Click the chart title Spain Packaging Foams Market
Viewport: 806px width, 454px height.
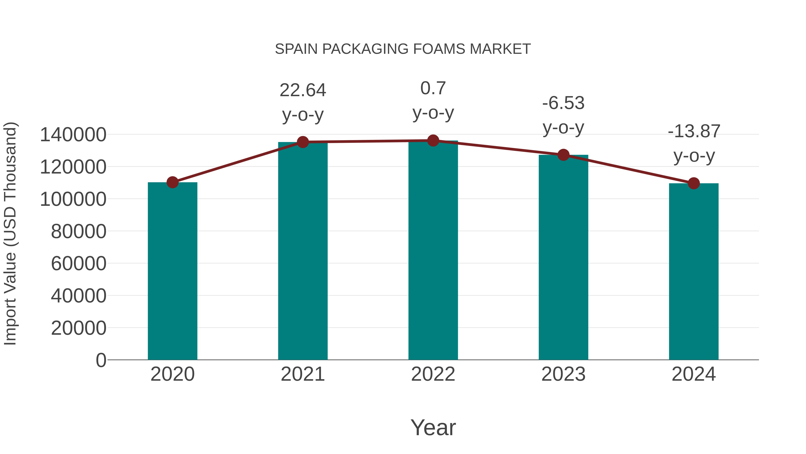pyautogui.click(x=403, y=49)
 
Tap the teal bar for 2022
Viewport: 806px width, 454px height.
pyautogui.click(x=433, y=251)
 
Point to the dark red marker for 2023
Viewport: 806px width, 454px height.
pyautogui.click(x=564, y=155)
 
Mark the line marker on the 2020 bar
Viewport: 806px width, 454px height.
pyautogui.click(x=172, y=182)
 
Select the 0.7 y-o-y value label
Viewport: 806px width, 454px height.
pyautogui.click(x=433, y=88)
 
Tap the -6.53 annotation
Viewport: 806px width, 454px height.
pyautogui.click(x=563, y=103)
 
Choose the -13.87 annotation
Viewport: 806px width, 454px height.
pyautogui.click(x=694, y=131)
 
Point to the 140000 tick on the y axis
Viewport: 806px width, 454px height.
pyautogui.click(x=73, y=135)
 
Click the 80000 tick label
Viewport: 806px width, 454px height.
pyautogui.click(x=79, y=232)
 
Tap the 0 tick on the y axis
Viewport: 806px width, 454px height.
pyautogui.click(x=101, y=360)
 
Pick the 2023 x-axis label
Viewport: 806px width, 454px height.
pyautogui.click(x=563, y=374)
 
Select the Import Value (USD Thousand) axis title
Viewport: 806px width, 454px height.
pyautogui.click(x=10, y=233)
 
